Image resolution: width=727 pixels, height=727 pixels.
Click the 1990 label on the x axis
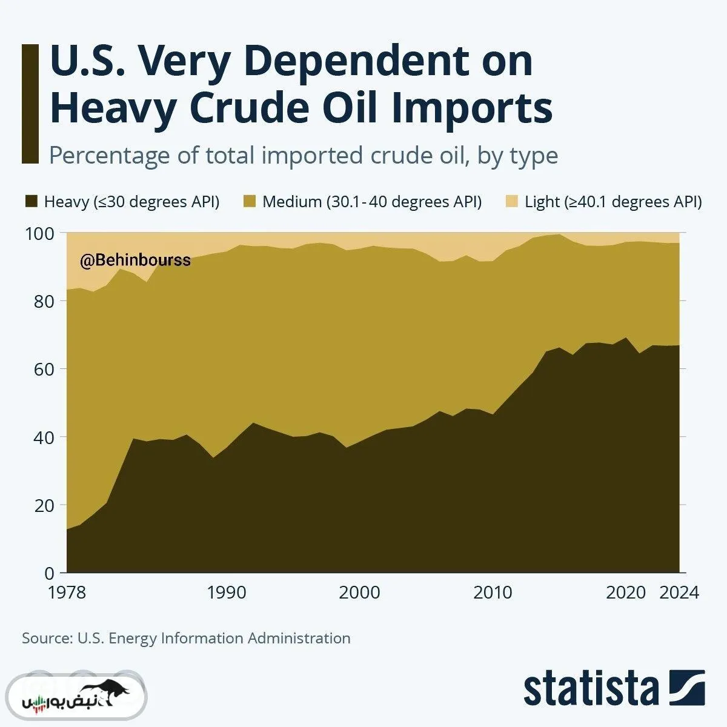(x=227, y=592)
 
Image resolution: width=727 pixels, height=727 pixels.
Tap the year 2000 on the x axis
(x=359, y=592)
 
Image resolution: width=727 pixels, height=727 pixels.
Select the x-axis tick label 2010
(x=492, y=592)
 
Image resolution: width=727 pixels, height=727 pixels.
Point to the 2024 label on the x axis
(x=679, y=592)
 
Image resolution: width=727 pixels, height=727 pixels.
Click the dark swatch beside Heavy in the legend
(x=31, y=202)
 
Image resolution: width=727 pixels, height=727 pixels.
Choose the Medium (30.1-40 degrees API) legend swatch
(x=249, y=202)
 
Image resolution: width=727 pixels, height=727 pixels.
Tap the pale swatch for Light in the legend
(x=512, y=202)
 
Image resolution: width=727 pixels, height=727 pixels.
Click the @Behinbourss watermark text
(x=135, y=261)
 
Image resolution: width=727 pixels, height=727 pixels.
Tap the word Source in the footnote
(x=46, y=638)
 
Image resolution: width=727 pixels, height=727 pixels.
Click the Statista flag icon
(x=687, y=688)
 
